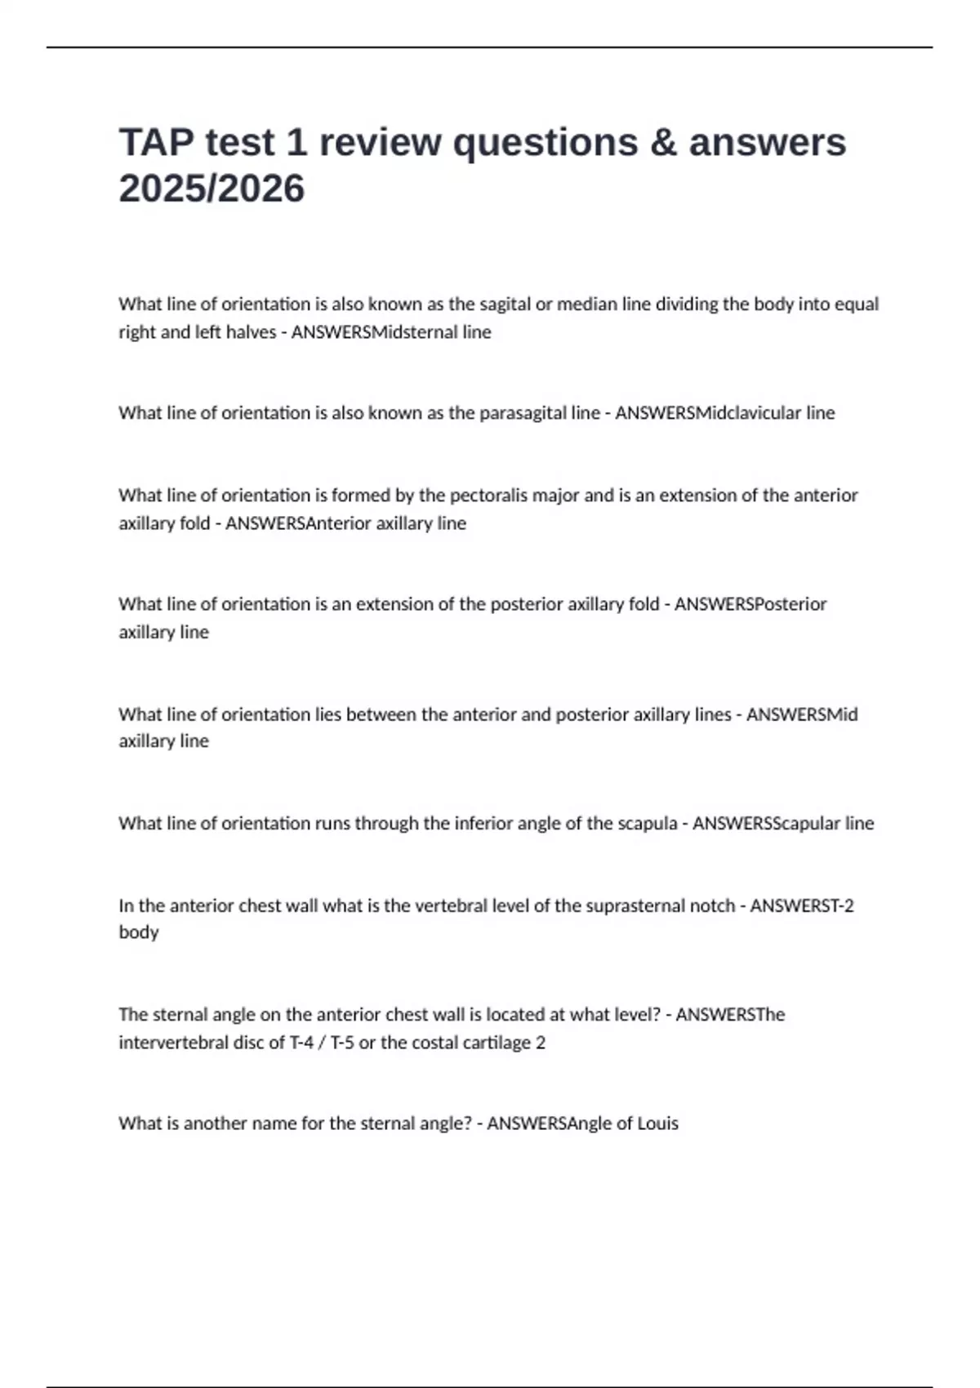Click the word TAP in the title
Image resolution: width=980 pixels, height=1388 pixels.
(x=155, y=142)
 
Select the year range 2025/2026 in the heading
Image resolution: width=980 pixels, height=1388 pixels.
(x=212, y=189)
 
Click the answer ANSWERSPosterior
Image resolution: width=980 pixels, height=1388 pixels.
(x=750, y=604)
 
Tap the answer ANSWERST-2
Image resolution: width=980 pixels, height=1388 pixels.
(x=801, y=905)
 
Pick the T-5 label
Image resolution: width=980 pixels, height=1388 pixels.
(x=342, y=1043)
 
